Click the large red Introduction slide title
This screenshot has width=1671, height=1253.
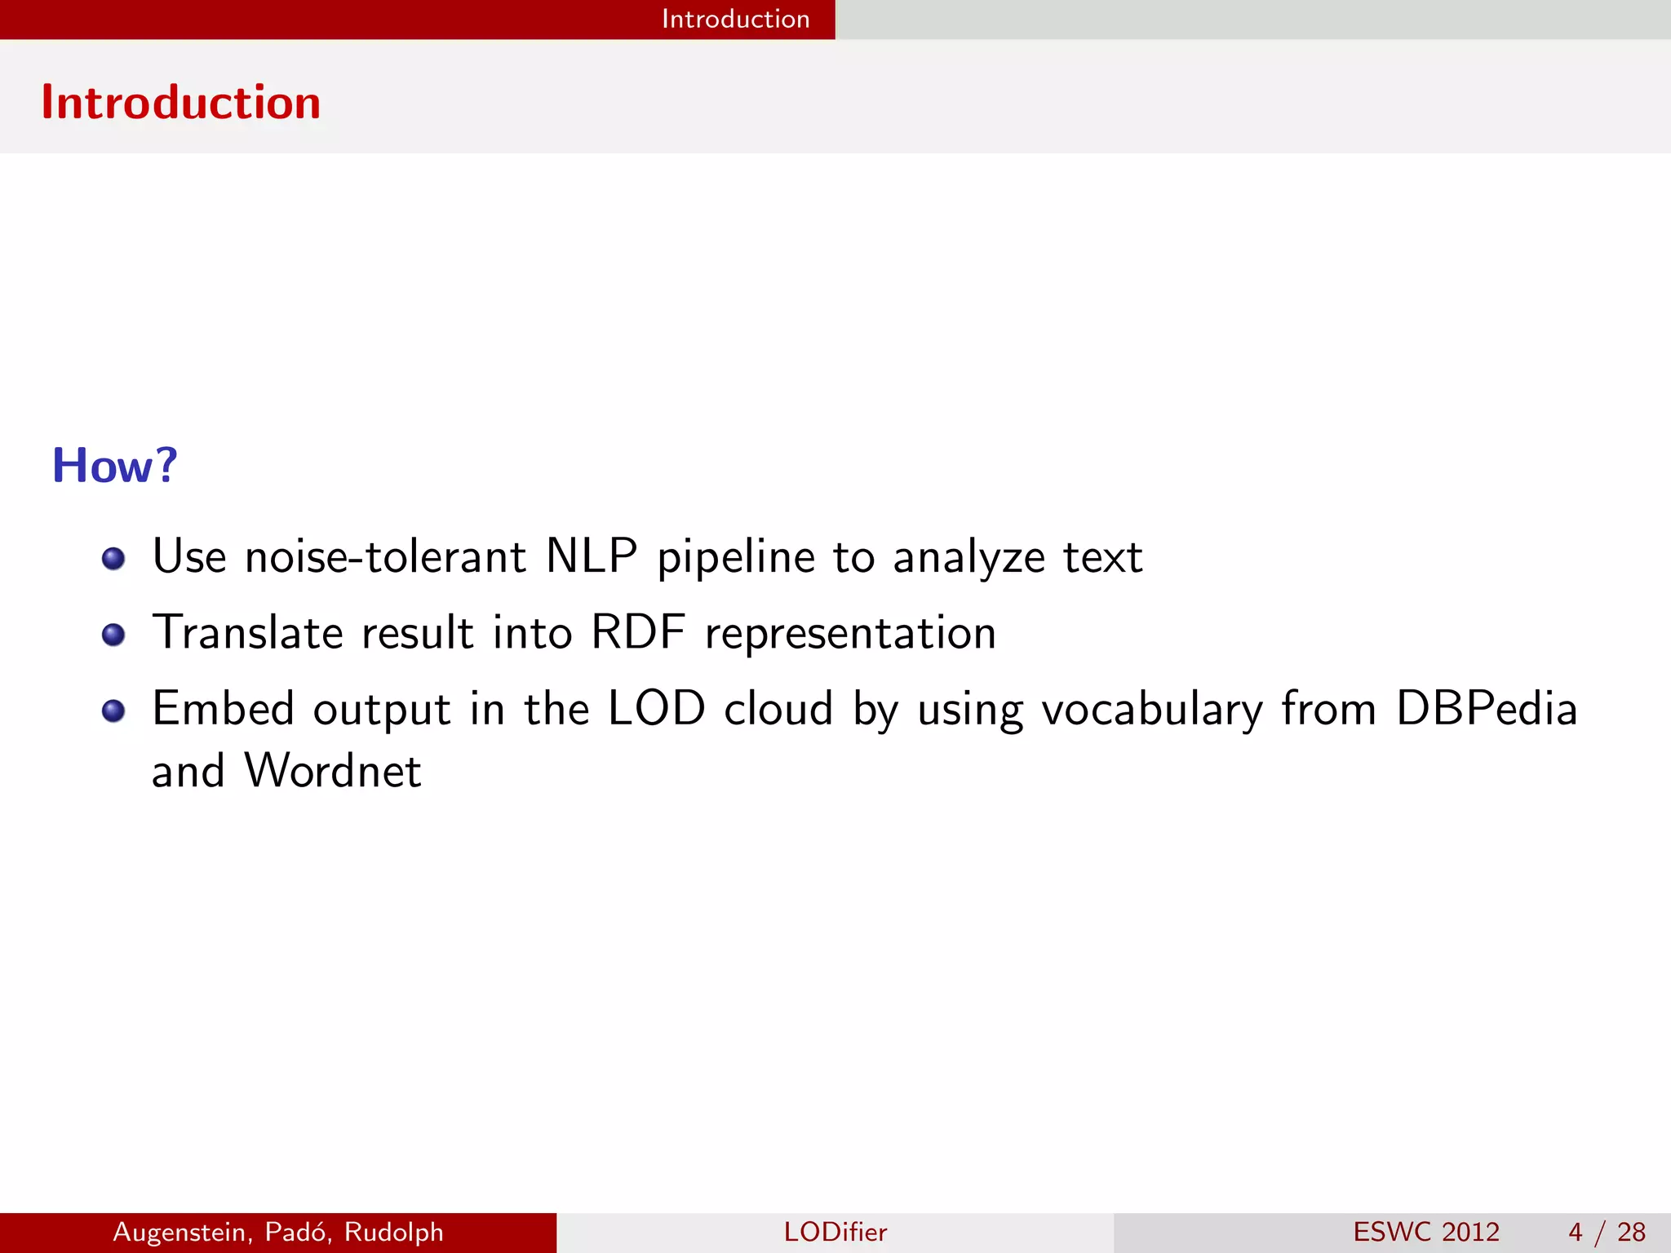click(x=180, y=103)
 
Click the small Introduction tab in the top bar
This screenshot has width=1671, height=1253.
click(x=735, y=19)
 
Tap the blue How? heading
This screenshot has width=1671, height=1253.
click(x=114, y=466)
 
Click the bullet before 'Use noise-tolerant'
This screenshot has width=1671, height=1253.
click(x=113, y=559)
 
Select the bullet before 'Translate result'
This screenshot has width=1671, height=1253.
click(x=113, y=635)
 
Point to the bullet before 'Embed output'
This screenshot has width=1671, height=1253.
click(x=113, y=711)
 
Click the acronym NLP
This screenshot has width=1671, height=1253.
click(x=591, y=557)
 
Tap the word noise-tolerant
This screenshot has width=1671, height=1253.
click(x=385, y=557)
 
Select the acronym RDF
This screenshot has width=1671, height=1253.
click(x=638, y=633)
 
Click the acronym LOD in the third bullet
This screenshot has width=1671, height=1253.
click(x=657, y=708)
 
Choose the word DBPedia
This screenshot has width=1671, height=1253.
click(x=1487, y=708)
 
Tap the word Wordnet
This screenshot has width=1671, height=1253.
click(x=333, y=771)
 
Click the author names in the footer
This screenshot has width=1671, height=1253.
click(x=278, y=1232)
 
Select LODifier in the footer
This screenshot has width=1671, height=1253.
click(x=835, y=1232)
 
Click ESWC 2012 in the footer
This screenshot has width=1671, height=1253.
click(x=1426, y=1232)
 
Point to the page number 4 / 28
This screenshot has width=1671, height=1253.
click(x=1607, y=1232)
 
